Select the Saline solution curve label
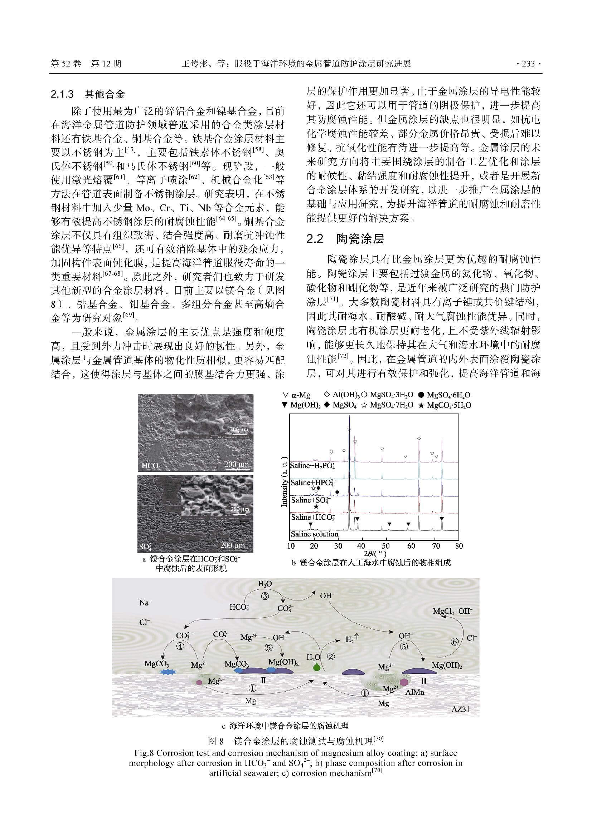(315, 534)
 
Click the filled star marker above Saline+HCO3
(316, 506)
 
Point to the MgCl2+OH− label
(452, 611)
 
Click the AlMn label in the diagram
(415, 692)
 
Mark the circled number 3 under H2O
(265, 597)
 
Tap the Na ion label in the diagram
(145, 603)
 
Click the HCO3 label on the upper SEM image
(151, 466)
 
